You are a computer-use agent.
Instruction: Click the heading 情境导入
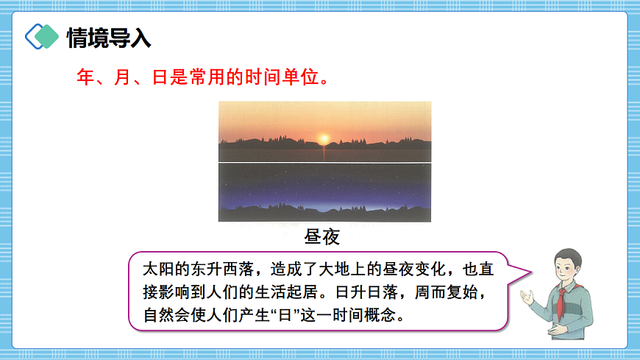coord(108,38)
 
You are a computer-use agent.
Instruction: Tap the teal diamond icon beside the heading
coord(43,36)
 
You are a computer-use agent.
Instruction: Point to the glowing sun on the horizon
coord(323,138)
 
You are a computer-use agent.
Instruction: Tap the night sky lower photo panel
coord(324,191)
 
